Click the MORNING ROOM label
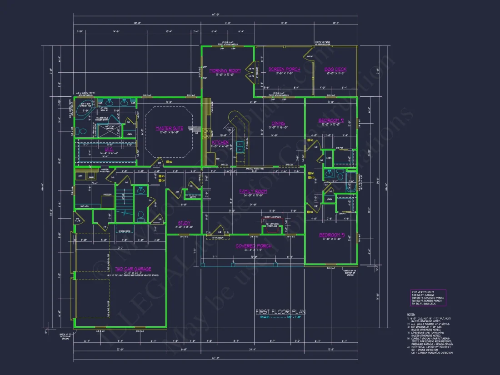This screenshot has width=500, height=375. (225, 70)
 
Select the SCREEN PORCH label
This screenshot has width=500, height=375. (284, 69)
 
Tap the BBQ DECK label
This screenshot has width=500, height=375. (335, 69)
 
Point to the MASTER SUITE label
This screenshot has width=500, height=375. (169, 128)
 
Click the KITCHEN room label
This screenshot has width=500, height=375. (220, 142)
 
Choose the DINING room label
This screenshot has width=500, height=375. (278, 123)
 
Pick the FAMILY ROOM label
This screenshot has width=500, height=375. (253, 191)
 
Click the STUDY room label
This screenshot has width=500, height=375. (184, 223)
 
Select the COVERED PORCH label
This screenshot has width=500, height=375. (253, 246)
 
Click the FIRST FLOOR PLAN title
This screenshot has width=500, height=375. (280, 312)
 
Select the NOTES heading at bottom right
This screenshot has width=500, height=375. (411, 314)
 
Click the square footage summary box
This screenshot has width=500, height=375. (427, 298)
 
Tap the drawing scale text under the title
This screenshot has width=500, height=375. (280, 318)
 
